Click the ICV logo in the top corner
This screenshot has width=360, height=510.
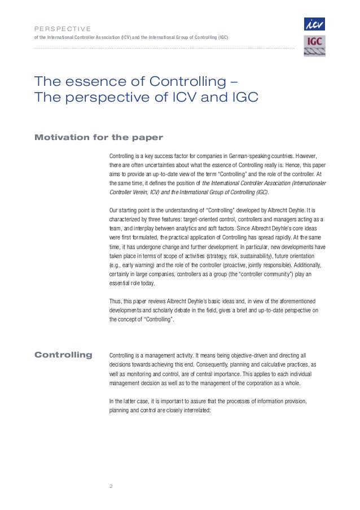(314, 24)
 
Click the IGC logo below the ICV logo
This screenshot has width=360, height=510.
(314, 46)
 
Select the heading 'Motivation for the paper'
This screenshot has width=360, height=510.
(99, 137)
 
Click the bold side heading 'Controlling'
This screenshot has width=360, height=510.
(64, 355)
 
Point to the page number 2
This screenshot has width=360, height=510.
(111, 486)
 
